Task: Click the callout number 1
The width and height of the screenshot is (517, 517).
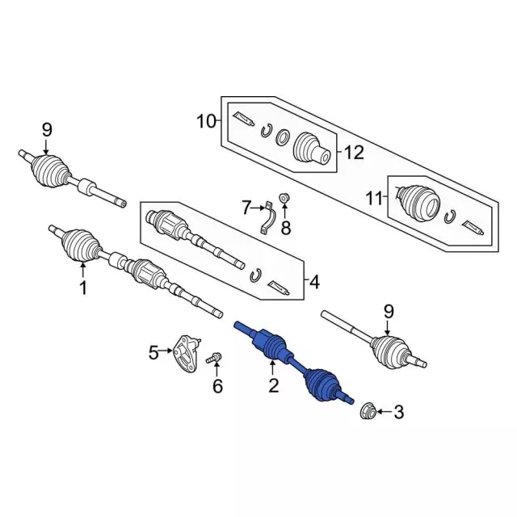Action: pyautogui.click(x=83, y=288)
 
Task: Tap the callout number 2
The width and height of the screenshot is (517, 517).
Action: pyautogui.click(x=274, y=385)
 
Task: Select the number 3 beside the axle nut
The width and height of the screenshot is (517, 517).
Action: pyautogui.click(x=398, y=412)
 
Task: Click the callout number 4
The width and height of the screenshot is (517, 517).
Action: pyautogui.click(x=314, y=282)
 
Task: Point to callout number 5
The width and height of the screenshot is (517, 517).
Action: pyautogui.click(x=153, y=353)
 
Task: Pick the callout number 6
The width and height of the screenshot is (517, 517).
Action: pyautogui.click(x=217, y=386)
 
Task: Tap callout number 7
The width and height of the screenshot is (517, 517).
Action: pyautogui.click(x=246, y=208)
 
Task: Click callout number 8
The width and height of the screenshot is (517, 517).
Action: pyautogui.click(x=285, y=228)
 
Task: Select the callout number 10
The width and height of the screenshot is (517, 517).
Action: pyautogui.click(x=206, y=121)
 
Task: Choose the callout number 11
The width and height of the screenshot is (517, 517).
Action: pyautogui.click(x=375, y=199)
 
